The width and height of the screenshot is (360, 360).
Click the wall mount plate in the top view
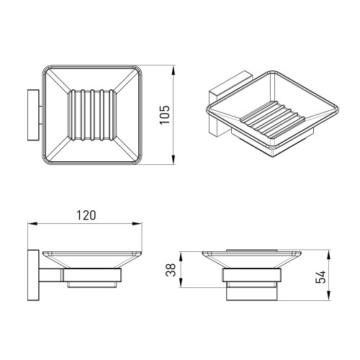(x=32, y=116)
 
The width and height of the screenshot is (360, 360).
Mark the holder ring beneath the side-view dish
(x=89, y=276)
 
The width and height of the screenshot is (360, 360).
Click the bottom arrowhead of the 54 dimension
(x=330, y=297)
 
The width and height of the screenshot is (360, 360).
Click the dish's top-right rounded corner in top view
(x=138, y=73)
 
